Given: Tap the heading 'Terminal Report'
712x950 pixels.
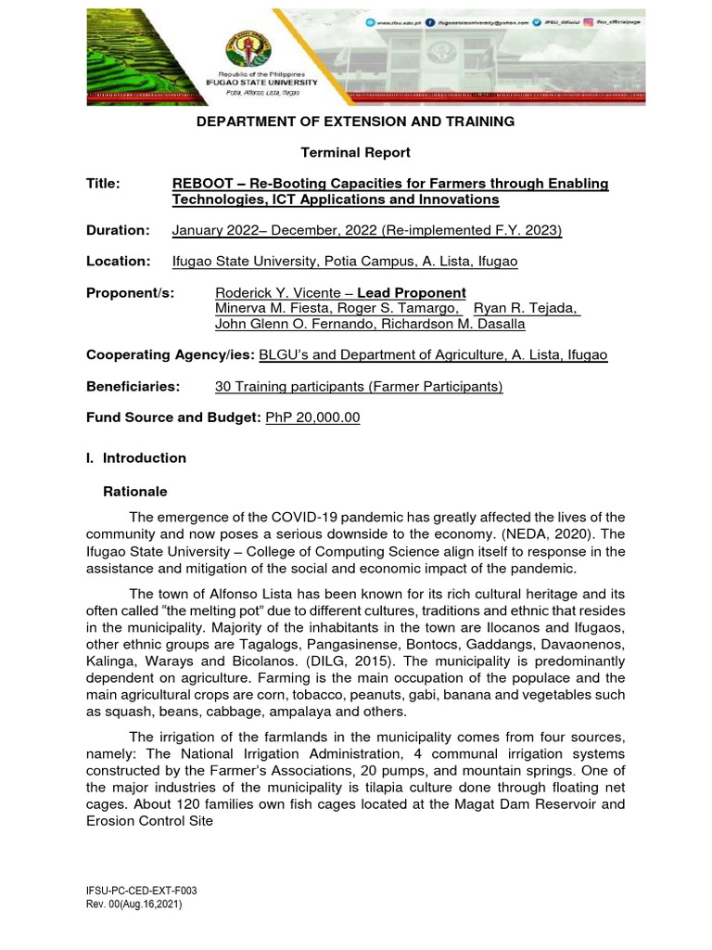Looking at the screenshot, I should [355, 152].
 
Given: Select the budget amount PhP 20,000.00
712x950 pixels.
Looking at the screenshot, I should [312, 417].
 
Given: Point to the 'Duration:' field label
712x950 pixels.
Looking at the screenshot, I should [118, 230].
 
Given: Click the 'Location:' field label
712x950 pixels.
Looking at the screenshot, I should [118, 262].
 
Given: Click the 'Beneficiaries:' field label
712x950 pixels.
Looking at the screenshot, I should [133, 386].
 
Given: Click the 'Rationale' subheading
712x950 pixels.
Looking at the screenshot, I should [134, 492].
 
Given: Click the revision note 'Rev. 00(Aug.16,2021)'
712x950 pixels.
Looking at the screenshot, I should [134, 904].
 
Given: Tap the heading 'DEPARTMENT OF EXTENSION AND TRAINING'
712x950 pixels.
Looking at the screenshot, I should [354, 122].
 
